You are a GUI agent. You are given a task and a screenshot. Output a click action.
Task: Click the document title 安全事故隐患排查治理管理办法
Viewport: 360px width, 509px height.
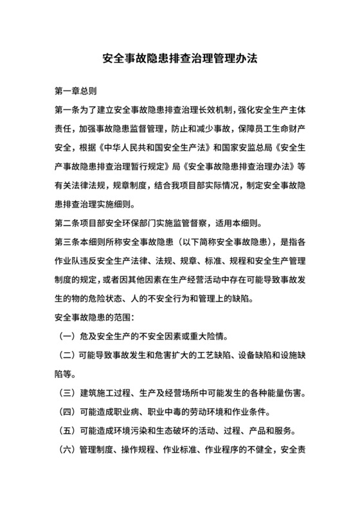click(180, 58)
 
